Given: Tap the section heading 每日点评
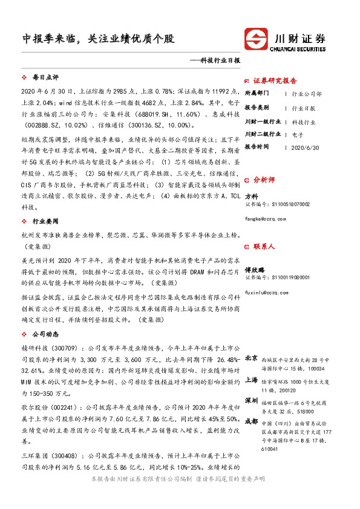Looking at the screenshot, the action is [x=45, y=78].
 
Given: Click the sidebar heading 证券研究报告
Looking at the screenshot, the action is [x=275, y=80].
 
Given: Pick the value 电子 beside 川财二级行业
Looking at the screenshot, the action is [x=297, y=134].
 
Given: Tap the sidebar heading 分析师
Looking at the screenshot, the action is [x=264, y=180].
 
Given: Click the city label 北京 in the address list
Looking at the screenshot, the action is [x=252, y=358].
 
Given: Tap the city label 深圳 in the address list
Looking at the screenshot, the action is [x=252, y=401].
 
